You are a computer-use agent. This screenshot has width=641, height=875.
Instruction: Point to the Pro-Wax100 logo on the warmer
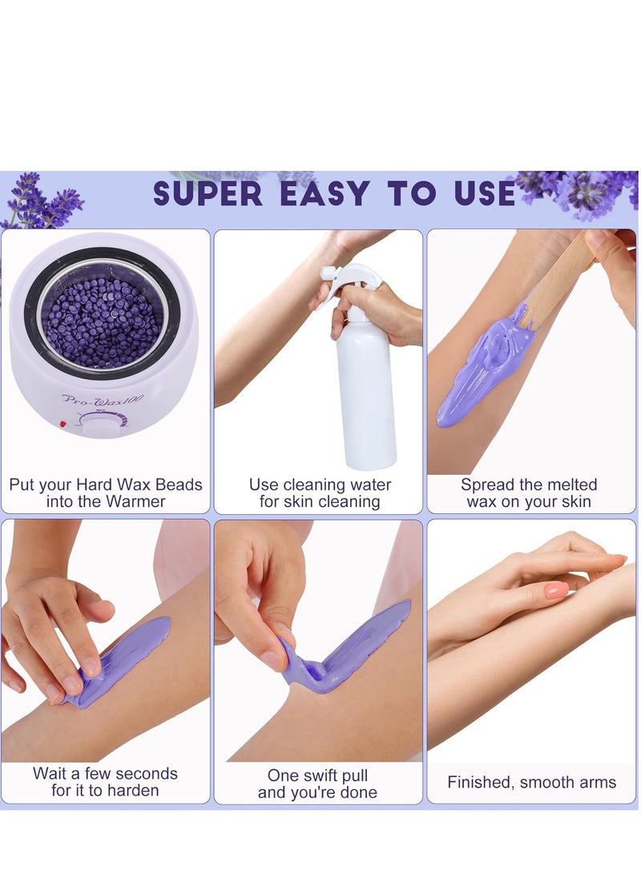click(103, 398)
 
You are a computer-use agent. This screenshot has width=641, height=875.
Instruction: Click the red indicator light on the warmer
click(62, 423)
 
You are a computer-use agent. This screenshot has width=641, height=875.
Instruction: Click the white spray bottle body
click(365, 393)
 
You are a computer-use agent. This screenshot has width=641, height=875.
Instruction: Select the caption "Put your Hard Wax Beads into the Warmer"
click(106, 493)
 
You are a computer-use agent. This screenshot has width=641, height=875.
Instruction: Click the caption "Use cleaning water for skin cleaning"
click(320, 493)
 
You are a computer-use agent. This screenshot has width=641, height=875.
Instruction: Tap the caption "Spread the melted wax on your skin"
click(529, 493)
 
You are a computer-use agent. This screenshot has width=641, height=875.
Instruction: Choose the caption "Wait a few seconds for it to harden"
click(106, 782)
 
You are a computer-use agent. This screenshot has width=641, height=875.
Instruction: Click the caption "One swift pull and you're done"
click(318, 784)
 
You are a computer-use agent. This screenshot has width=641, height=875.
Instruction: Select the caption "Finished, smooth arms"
click(532, 782)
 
